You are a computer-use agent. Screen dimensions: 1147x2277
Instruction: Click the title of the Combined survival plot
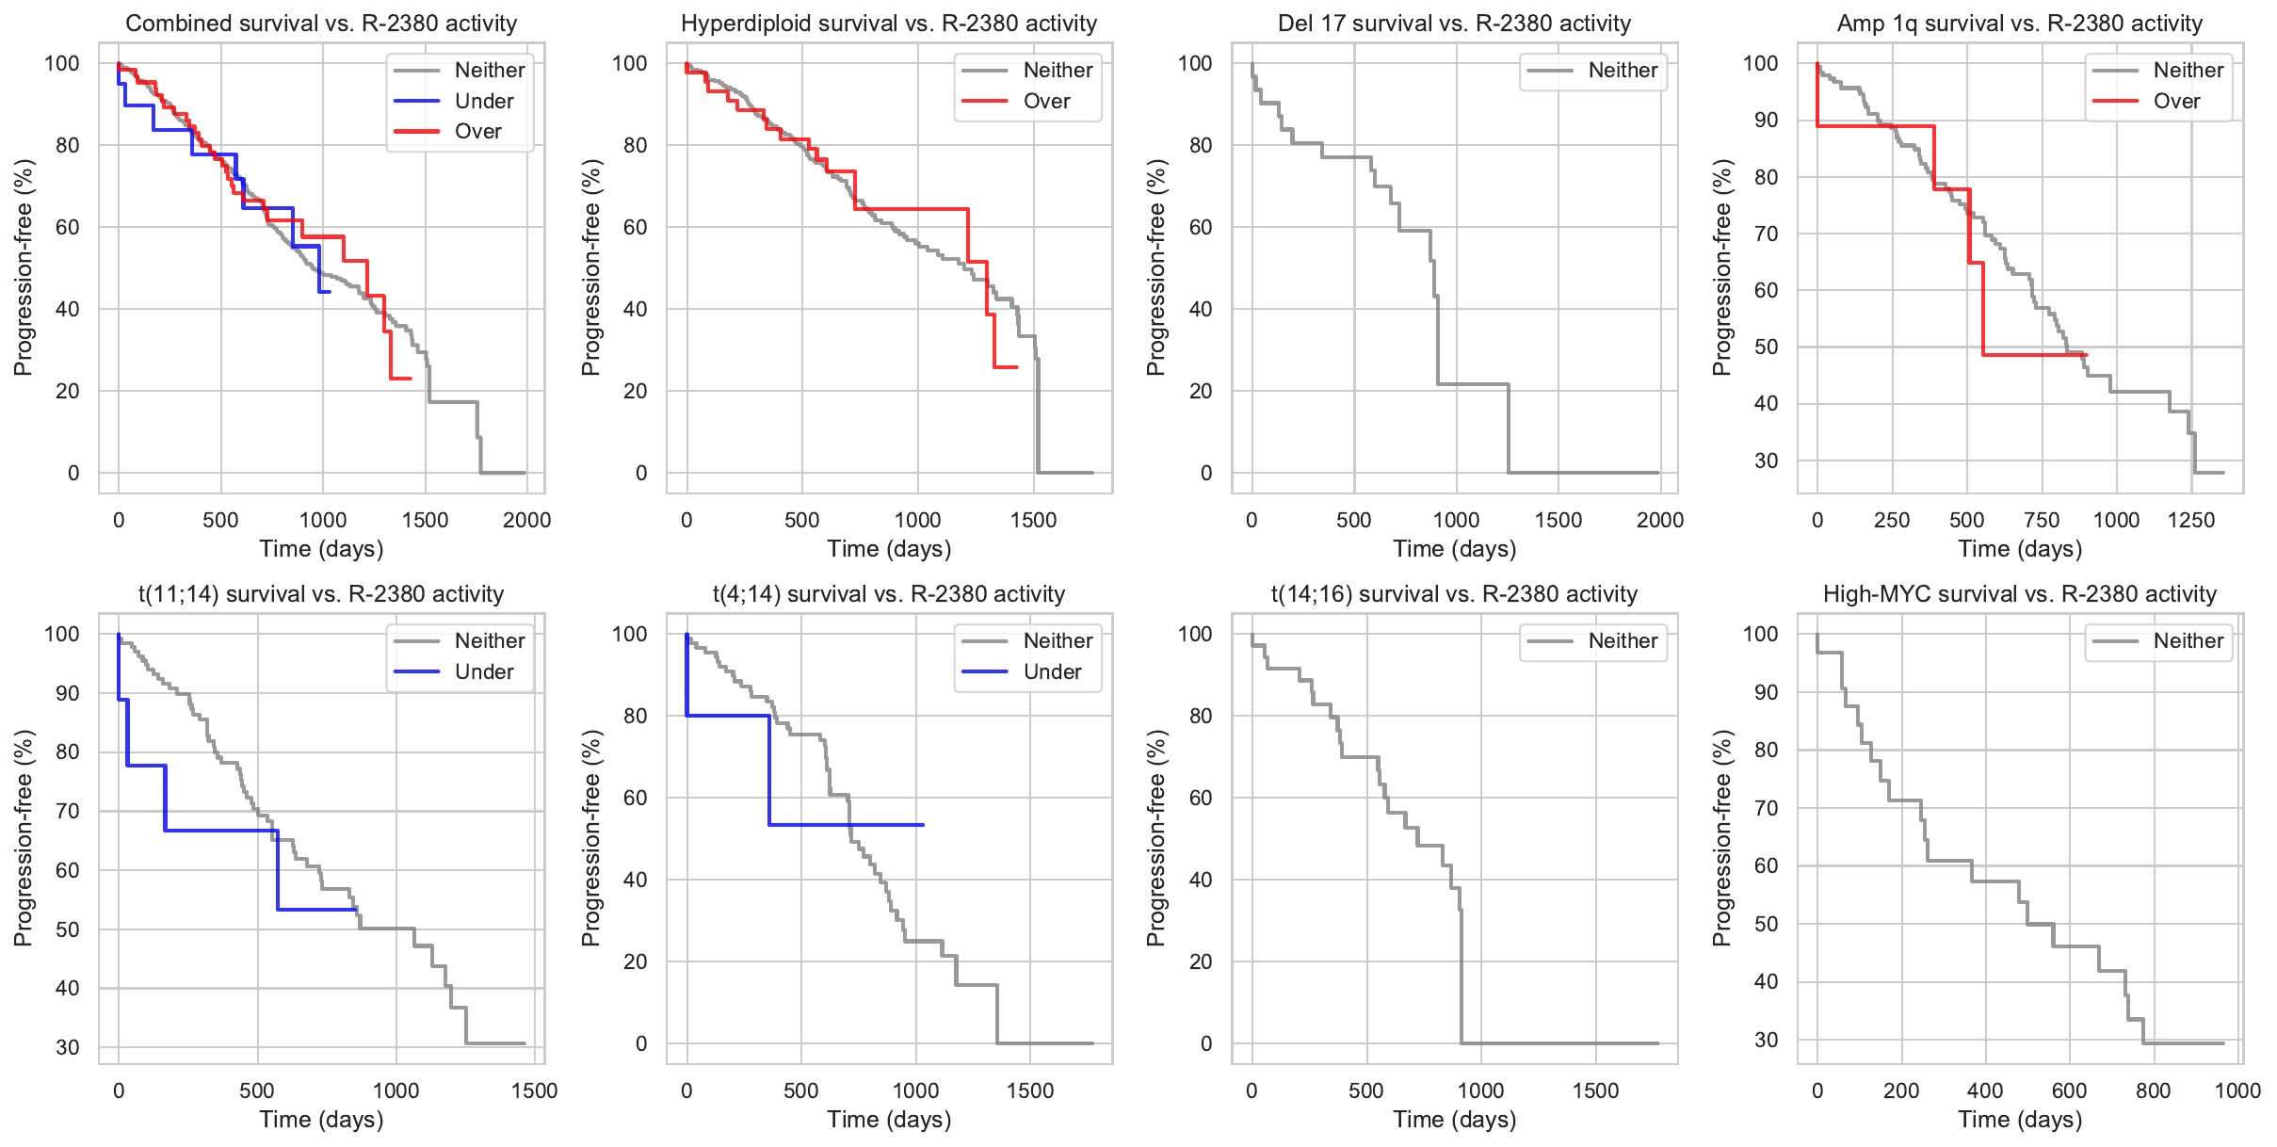321,23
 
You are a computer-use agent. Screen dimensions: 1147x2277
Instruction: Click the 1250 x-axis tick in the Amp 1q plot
2191,520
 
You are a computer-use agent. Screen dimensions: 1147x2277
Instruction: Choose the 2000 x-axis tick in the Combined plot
526,520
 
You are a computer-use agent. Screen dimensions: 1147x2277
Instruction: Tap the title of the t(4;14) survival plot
889,593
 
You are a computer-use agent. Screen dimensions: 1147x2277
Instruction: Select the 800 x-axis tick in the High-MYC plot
2154,1090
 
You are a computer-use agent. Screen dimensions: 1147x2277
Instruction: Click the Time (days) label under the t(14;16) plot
1455,1119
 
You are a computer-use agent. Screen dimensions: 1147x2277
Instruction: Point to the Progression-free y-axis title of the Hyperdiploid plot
590,267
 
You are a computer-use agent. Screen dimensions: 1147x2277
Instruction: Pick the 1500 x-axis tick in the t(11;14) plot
534,1090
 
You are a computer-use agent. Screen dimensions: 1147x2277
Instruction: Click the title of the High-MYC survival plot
2020,593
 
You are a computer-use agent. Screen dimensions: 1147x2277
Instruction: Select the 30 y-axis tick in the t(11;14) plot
68,1047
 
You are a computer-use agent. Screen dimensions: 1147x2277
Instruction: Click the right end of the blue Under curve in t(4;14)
923,825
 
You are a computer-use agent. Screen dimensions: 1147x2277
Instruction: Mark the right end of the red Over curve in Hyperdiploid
1017,367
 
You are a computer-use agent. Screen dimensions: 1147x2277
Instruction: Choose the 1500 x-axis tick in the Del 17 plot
1558,520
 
